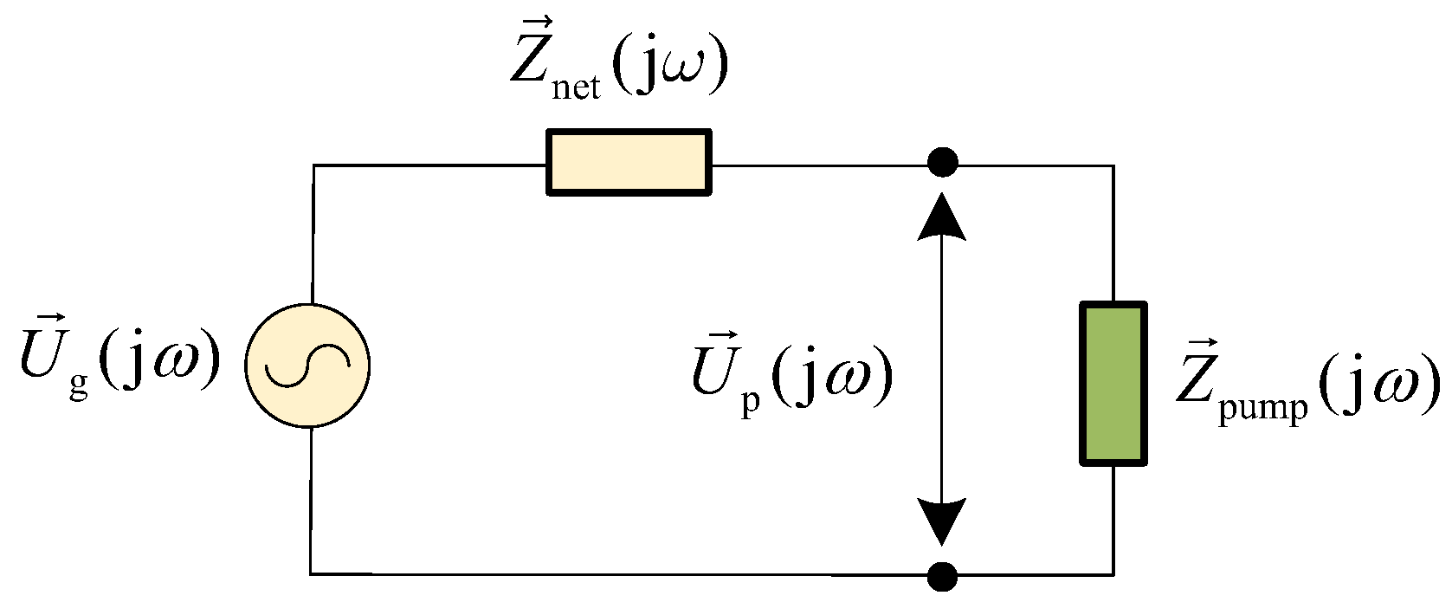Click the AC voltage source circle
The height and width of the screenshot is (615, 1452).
pyautogui.click(x=307, y=366)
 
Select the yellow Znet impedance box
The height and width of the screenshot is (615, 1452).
pyautogui.click(x=629, y=162)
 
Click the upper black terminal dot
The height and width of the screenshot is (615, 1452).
pyautogui.click(x=942, y=162)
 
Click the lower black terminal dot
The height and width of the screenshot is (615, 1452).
pyautogui.click(x=942, y=574)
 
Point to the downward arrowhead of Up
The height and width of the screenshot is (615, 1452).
pyautogui.click(x=942, y=522)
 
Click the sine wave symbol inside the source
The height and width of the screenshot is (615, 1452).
pyautogui.click(x=307, y=366)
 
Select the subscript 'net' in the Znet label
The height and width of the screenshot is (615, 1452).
pyautogui.click(x=575, y=87)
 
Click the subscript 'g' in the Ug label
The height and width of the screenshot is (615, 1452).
pyautogui.click(x=79, y=385)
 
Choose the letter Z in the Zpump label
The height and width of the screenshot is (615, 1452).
pyautogui.click(x=1197, y=382)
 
